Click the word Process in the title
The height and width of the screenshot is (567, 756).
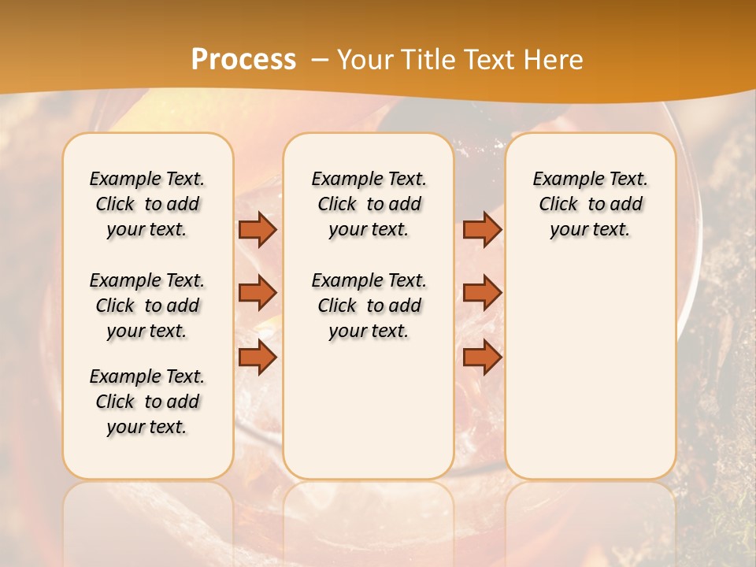point(243,60)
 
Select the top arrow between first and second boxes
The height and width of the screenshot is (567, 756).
point(258,230)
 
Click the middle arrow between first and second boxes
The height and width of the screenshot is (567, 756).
point(258,293)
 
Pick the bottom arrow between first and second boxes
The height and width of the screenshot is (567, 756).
point(258,358)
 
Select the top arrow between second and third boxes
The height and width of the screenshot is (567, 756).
point(482,230)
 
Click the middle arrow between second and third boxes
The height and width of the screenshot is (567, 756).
point(482,293)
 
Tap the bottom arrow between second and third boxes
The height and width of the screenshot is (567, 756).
point(482,358)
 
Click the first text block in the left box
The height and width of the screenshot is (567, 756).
point(147,204)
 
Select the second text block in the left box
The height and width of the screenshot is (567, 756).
point(147,306)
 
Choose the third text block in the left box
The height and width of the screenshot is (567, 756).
point(147,402)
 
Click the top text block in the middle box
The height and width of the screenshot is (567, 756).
point(369,204)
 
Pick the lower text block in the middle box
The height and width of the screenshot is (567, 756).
point(369,306)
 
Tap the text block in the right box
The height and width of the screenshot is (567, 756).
point(590,204)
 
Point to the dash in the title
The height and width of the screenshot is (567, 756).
point(320,60)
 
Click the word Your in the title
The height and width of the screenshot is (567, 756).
point(364,60)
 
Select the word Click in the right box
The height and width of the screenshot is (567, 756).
point(558,205)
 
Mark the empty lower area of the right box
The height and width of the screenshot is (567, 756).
point(590,370)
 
